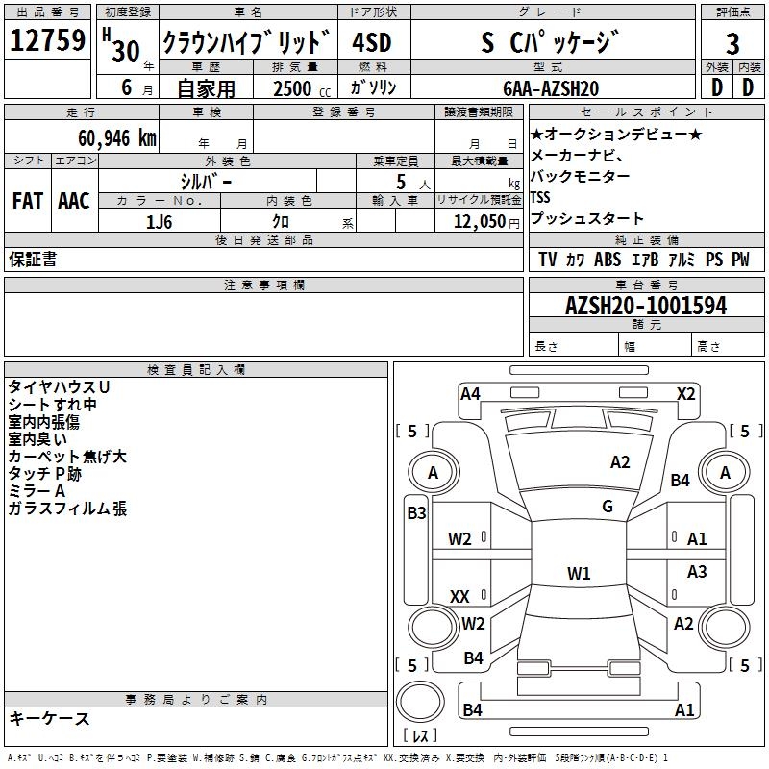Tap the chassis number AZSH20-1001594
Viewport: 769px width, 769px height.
[646, 306]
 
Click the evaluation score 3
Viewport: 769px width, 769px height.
[732, 43]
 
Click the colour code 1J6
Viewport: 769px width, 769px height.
[160, 221]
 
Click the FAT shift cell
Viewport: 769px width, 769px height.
[28, 201]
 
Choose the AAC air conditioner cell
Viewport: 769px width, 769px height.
[73, 201]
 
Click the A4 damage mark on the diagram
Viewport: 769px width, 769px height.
[470, 393]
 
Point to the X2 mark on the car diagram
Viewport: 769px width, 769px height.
[686, 393]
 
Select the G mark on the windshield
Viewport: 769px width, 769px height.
[608, 507]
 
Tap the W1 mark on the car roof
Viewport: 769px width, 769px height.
[579, 574]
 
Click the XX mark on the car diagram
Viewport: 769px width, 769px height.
[460, 597]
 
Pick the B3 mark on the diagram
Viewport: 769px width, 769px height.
[416, 513]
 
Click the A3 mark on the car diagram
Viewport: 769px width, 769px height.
[697, 572]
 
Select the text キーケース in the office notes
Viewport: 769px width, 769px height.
[50, 719]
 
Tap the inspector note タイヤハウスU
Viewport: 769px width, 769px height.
[59, 386]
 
